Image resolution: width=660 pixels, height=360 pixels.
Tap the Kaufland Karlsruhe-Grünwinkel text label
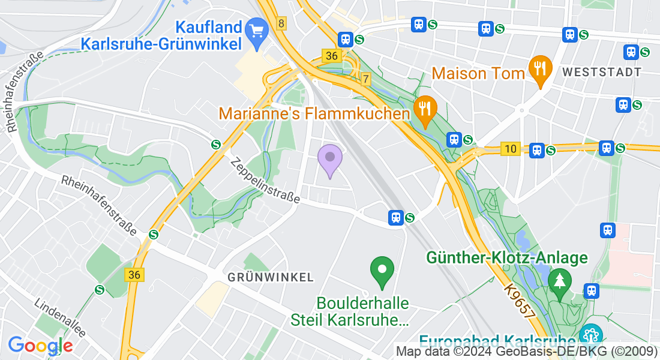click(161, 35)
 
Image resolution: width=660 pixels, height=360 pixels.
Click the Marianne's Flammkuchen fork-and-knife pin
click(425, 110)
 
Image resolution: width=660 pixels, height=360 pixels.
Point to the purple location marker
click(329, 158)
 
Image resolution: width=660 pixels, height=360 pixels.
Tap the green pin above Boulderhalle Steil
click(382, 271)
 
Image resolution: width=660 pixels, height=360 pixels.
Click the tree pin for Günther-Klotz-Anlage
click(560, 283)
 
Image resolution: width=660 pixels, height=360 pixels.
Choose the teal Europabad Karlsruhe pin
click(591, 334)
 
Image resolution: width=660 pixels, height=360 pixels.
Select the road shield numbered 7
click(366, 79)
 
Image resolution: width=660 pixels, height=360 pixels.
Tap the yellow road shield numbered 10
click(510, 149)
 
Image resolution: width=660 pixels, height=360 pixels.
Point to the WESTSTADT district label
click(602, 72)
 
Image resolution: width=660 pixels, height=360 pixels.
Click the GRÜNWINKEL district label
click(271, 277)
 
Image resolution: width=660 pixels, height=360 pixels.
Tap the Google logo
click(40, 345)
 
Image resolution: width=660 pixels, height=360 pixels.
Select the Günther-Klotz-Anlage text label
click(506, 258)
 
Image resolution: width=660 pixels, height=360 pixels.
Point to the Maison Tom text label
click(478, 74)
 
